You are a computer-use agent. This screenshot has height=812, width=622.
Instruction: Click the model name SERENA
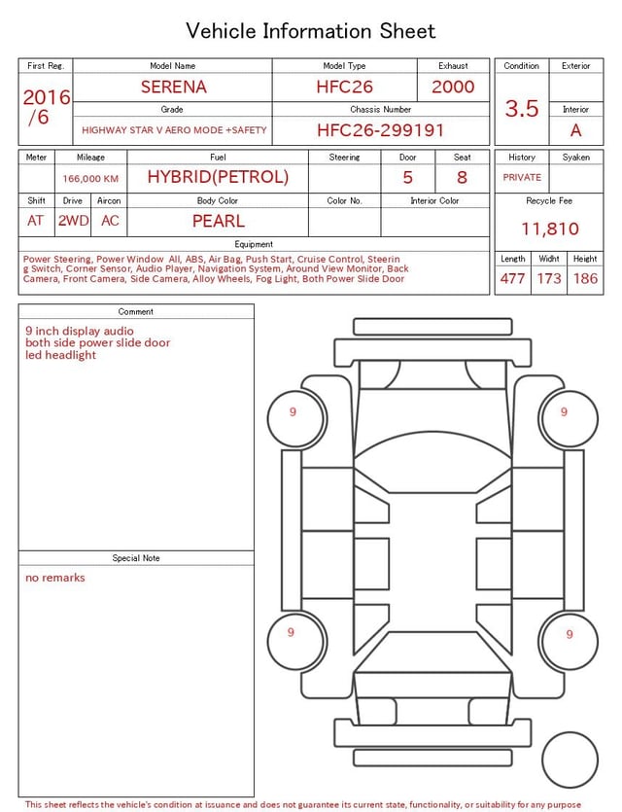point(173,87)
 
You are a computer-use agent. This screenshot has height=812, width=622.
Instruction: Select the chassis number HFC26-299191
point(380,130)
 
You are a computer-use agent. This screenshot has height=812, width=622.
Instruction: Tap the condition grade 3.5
point(522,109)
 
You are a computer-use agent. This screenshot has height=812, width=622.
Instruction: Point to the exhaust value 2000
point(453,87)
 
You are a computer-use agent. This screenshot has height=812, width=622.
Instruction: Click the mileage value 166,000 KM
point(90,179)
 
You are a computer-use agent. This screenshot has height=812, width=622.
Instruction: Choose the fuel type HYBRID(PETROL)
point(218,177)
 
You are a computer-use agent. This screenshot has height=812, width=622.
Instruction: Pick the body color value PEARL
point(219,221)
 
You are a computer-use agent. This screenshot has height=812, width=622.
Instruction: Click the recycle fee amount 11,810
point(549,229)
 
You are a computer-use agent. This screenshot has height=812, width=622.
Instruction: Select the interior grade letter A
point(576,130)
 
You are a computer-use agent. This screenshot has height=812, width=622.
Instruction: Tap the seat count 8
point(462,178)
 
